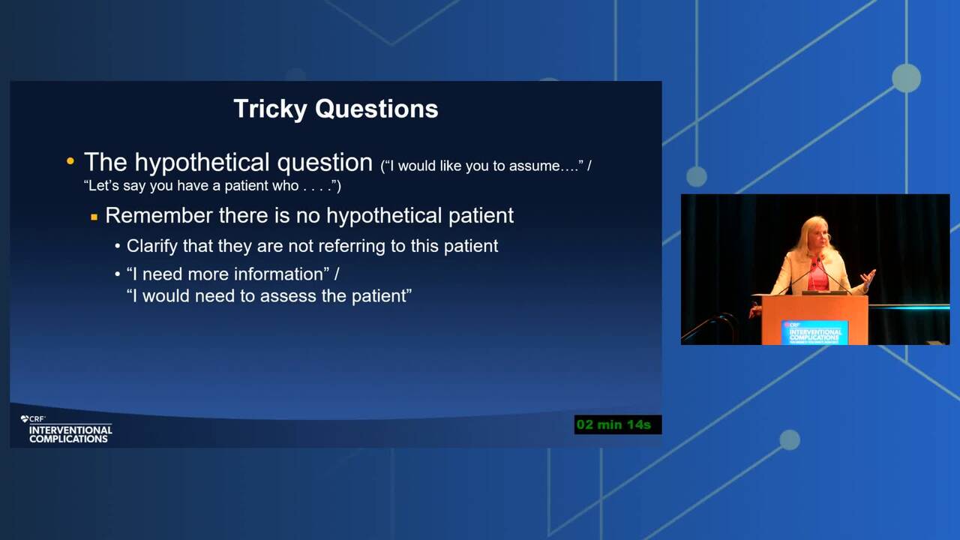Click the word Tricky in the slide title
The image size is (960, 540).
(270, 109)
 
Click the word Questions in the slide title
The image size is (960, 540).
(376, 109)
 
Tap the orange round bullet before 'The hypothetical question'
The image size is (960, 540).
(70, 161)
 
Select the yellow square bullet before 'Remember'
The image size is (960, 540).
(94, 217)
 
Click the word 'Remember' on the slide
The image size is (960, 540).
(159, 215)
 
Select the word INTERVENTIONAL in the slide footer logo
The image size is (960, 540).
(70, 430)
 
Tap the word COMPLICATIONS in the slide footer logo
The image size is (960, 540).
(68, 439)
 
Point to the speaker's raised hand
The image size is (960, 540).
(868, 277)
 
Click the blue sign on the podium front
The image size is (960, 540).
(814, 332)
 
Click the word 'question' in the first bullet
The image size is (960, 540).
(325, 163)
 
